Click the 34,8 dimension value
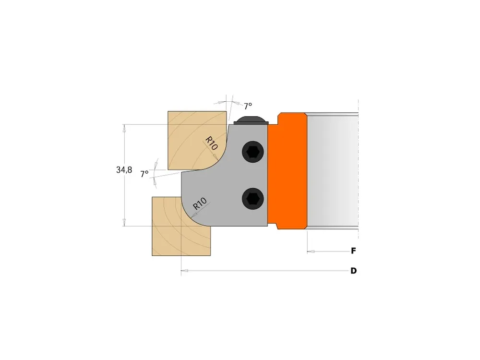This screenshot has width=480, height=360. click(x=124, y=169)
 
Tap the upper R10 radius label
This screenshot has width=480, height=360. click(x=211, y=143)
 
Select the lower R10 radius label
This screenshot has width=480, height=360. click(x=200, y=204)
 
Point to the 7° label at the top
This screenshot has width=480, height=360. click(x=248, y=106)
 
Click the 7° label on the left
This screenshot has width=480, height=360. click(x=144, y=174)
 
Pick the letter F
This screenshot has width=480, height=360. click(x=353, y=251)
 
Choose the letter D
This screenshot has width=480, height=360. click(x=354, y=271)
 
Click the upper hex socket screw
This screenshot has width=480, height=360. click(x=253, y=151)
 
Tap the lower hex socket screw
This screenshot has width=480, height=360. click(x=253, y=199)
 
